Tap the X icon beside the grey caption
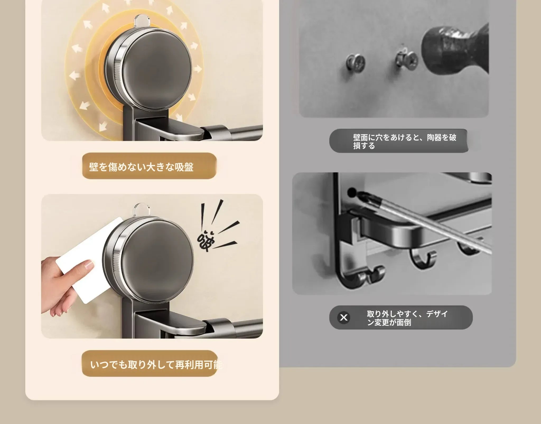[344, 317]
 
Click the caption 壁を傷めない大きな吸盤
[141, 167]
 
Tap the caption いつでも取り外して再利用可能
[156, 365]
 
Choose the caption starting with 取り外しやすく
[407, 318]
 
